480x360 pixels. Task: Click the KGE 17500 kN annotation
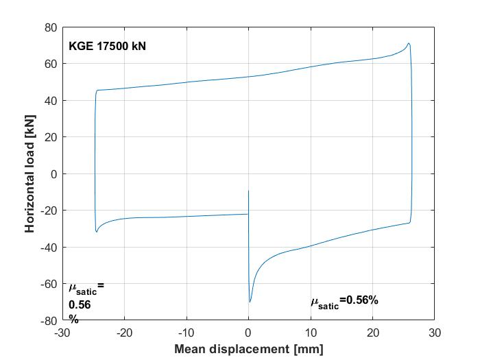tap(107, 47)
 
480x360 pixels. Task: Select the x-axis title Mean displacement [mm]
tap(248, 349)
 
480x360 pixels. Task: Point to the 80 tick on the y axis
tap(50, 27)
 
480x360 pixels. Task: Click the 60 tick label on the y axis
tap(50, 64)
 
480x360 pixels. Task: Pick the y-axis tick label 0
tap(53, 173)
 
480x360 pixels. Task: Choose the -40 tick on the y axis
tap(48, 247)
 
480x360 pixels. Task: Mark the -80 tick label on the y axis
tap(48, 320)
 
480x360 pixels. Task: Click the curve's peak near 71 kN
tap(409, 43)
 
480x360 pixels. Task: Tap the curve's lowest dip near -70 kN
tap(250, 302)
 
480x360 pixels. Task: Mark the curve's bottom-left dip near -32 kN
tap(97, 232)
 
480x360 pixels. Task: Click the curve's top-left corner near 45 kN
tap(97, 91)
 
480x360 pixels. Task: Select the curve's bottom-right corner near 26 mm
tap(410, 222)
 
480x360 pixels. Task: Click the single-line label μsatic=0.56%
tap(344, 301)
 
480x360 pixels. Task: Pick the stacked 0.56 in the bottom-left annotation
tap(80, 304)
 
